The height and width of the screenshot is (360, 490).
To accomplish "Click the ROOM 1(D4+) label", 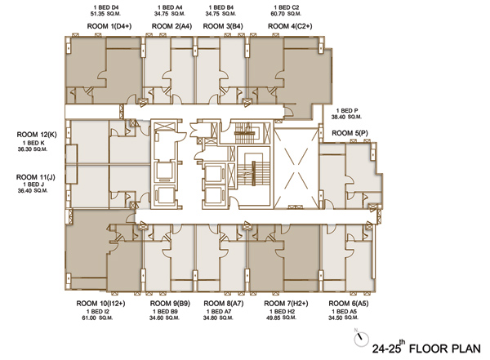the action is (109, 26).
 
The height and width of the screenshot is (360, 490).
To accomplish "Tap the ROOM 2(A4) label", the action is (171, 26).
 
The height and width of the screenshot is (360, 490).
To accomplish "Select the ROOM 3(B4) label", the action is (223, 26).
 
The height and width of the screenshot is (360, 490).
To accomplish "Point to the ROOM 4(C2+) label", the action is (290, 26).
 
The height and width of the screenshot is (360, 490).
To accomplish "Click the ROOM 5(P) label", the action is (350, 133).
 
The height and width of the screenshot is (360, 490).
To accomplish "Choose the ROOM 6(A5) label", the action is (349, 304).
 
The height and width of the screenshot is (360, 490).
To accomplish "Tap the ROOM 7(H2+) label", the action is (286, 304).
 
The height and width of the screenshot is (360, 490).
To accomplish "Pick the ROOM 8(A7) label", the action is (224, 304).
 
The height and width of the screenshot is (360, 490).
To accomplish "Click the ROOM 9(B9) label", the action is (170, 304).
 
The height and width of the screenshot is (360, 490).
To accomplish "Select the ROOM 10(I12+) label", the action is (100, 304).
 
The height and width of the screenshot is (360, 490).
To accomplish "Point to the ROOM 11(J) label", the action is (36, 177).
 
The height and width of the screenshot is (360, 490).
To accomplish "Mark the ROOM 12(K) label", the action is (37, 135).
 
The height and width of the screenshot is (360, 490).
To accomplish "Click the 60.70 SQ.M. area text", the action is (286, 14).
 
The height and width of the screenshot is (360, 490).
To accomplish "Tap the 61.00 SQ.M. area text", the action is (97, 318).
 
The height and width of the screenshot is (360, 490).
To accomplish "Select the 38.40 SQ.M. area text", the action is (346, 117).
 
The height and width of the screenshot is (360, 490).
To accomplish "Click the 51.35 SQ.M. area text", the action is (105, 14).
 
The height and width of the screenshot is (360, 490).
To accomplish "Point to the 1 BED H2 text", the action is (283, 312).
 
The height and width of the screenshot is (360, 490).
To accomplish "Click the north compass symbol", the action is (361, 337).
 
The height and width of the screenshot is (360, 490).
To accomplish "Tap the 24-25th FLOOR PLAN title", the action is (426, 347).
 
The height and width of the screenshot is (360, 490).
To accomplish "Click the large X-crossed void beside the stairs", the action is (296, 168).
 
